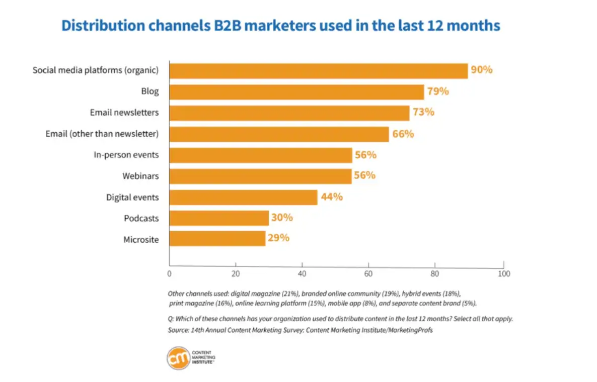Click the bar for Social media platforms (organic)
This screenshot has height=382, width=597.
point(318,71)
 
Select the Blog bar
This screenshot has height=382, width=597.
point(296,92)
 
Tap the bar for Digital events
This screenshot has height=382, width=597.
point(243,197)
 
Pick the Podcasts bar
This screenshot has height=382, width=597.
point(218,218)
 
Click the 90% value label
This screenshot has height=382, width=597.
point(481,70)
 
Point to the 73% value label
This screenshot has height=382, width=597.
point(423,112)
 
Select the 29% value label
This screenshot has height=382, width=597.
point(278,238)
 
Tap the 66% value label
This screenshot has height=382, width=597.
point(403,134)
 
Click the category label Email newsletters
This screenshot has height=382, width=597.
point(124,113)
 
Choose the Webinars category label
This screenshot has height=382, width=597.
point(140,176)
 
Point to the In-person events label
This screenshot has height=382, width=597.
point(126,155)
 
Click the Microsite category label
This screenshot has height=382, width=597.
point(141,240)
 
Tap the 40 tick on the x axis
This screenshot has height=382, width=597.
point(302,274)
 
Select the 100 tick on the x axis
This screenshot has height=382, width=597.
point(503,274)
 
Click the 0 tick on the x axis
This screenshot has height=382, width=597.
point(170,274)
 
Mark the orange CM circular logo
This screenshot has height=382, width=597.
point(179,358)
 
